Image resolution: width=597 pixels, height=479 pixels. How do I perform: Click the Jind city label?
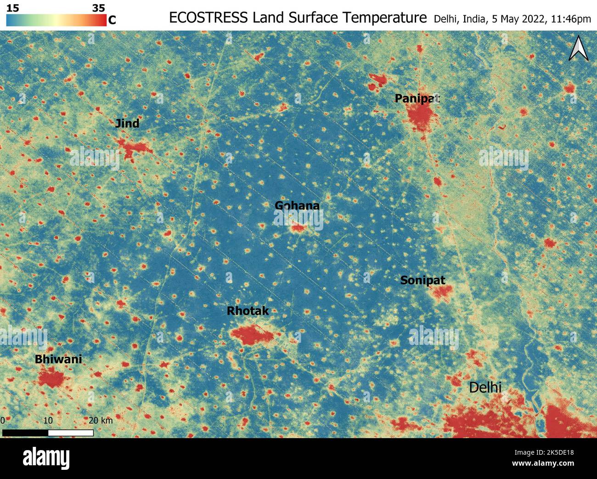point(127,123)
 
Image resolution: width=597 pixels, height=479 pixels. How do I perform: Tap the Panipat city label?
point(417,98)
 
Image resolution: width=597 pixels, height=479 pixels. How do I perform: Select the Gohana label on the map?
point(297,205)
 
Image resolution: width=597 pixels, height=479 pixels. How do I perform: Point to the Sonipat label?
point(422,280)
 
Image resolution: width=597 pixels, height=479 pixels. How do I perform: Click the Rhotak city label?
point(248,311)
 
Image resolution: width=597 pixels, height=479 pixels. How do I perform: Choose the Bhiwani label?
point(58,359)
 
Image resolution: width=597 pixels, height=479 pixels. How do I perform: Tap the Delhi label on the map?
point(485,388)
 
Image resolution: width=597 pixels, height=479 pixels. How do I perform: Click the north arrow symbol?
point(579,50)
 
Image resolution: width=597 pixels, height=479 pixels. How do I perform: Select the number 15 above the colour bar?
point(12,8)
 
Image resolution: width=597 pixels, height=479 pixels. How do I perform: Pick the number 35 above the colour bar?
point(98,8)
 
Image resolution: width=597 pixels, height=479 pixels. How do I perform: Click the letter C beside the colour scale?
point(112,20)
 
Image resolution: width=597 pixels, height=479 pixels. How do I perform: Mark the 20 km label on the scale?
point(101,420)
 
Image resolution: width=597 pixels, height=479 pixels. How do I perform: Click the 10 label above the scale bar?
point(48,420)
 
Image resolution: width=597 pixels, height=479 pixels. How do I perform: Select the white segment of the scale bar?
point(71,433)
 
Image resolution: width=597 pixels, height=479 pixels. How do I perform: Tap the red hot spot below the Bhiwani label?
point(51,378)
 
